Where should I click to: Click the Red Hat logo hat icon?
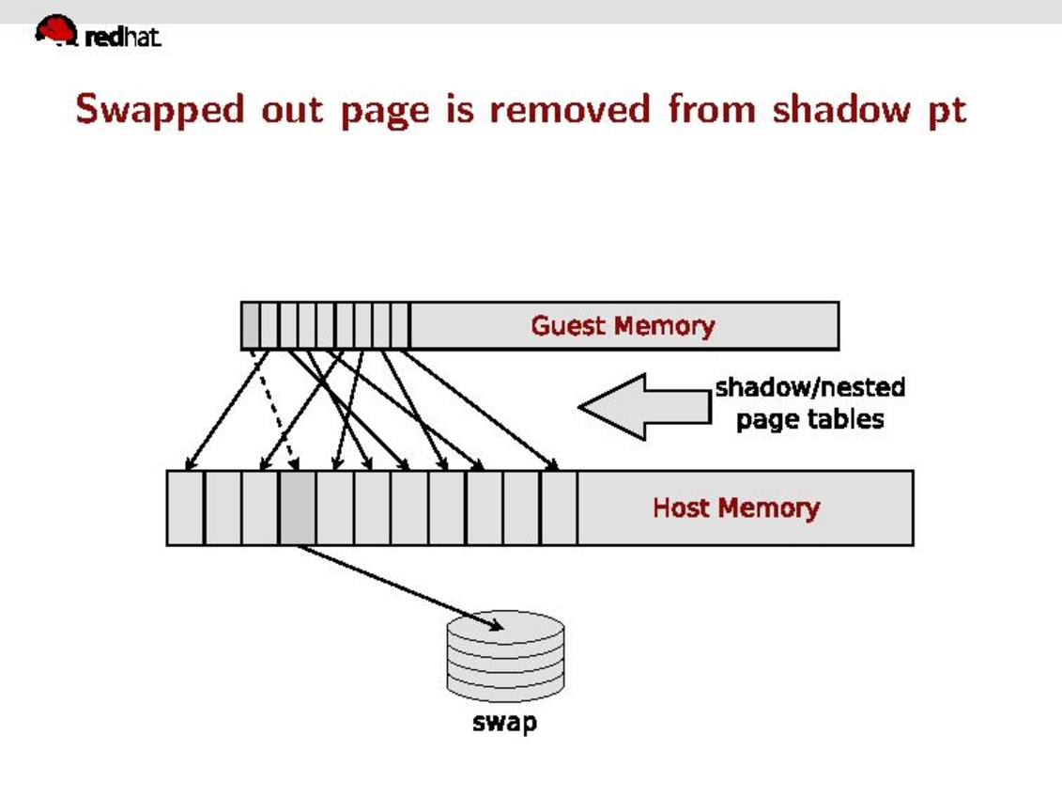[x=56, y=30]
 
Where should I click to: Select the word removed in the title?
[x=570, y=109]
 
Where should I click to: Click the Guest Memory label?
[x=623, y=326]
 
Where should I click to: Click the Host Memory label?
[x=735, y=508]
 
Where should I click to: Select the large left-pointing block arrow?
[x=643, y=406]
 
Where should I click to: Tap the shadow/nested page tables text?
[x=809, y=403]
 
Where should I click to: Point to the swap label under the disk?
[x=504, y=723]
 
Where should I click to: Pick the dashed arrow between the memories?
[x=274, y=409]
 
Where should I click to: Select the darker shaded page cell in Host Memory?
[x=298, y=508]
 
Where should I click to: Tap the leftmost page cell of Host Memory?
[x=185, y=508]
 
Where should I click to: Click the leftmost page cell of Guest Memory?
[x=250, y=325]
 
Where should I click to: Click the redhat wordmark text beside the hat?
[x=123, y=38]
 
